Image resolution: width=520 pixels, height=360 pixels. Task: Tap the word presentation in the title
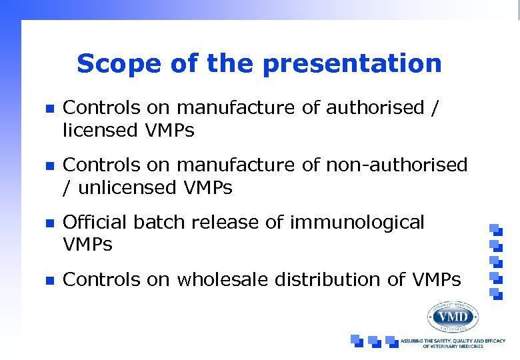(351, 65)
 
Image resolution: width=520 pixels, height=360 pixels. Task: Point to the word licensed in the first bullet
(99, 130)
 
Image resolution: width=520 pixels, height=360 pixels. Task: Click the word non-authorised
(397, 164)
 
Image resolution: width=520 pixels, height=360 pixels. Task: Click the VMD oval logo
(453, 315)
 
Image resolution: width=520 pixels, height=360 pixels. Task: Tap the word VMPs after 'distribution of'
(434, 280)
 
